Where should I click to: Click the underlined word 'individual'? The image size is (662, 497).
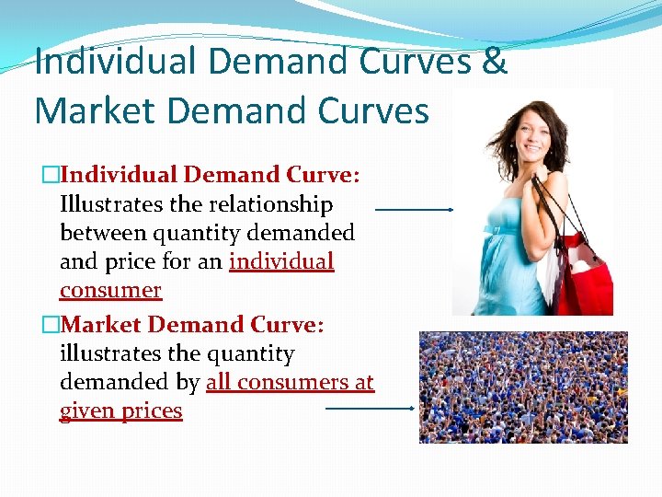coord(281,261)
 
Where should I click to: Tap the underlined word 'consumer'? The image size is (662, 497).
coord(110,290)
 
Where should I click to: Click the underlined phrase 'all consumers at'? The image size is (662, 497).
coord(291,382)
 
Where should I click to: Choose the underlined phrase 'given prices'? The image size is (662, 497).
coord(121,410)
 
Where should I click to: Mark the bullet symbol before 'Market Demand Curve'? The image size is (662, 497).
coord(50,326)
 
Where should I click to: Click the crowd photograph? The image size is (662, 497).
coord(523,387)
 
